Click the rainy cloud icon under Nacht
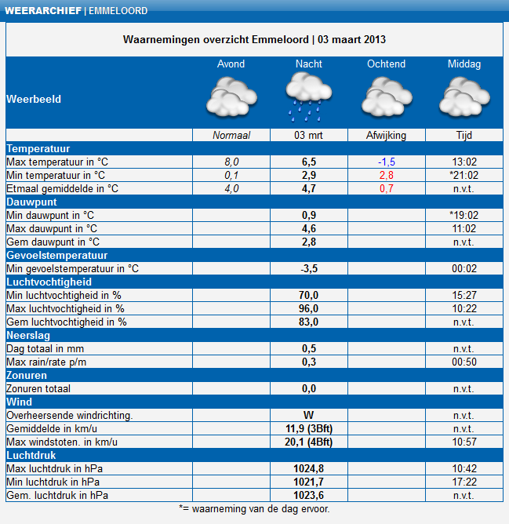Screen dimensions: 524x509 click(x=308, y=96)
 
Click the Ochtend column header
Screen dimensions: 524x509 click(x=386, y=64)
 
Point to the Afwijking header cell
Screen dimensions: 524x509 click(x=386, y=135)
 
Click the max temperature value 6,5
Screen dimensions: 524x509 click(x=308, y=162)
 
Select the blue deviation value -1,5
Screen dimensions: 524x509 click(x=386, y=162)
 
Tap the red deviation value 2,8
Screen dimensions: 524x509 click(x=386, y=175)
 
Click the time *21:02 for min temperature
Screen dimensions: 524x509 click(x=464, y=175)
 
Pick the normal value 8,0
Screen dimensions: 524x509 click(x=231, y=162)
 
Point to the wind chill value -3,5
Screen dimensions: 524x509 click(x=308, y=268)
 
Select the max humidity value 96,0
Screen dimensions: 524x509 click(x=308, y=308)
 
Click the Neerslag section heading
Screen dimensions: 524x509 click(x=28, y=335)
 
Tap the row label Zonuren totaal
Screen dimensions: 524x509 click(x=38, y=388)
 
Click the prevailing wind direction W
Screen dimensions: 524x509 click(x=308, y=415)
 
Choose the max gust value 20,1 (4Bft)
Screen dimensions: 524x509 click(x=308, y=442)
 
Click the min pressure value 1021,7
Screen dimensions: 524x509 click(x=308, y=482)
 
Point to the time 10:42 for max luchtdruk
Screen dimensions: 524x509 click(x=464, y=468)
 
